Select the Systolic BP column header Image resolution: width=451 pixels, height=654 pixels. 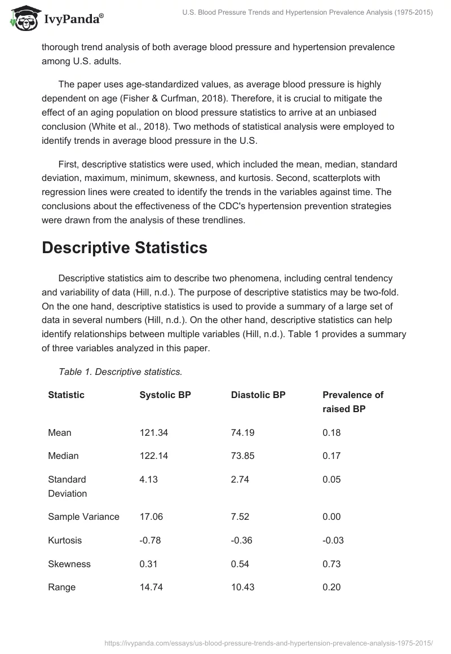(x=165, y=395)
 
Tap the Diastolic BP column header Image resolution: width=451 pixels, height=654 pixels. (x=258, y=395)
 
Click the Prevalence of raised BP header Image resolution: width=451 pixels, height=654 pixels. (x=353, y=401)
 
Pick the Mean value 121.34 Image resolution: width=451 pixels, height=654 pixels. (x=154, y=432)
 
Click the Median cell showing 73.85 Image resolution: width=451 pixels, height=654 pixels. (x=242, y=456)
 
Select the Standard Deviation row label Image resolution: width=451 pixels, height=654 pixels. (x=67, y=486)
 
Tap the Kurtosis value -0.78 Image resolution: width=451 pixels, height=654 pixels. (x=150, y=540)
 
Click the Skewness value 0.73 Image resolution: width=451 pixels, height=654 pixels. (x=331, y=564)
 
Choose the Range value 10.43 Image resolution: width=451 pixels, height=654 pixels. (x=242, y=587)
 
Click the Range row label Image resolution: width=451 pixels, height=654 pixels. (x=62, y=587)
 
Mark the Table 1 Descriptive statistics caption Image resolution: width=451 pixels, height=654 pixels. (x=120, y=372)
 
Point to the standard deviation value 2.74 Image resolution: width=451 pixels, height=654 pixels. (x=240, y=479)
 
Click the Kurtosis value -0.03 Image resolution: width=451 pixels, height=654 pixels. (x=333, y=540)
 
